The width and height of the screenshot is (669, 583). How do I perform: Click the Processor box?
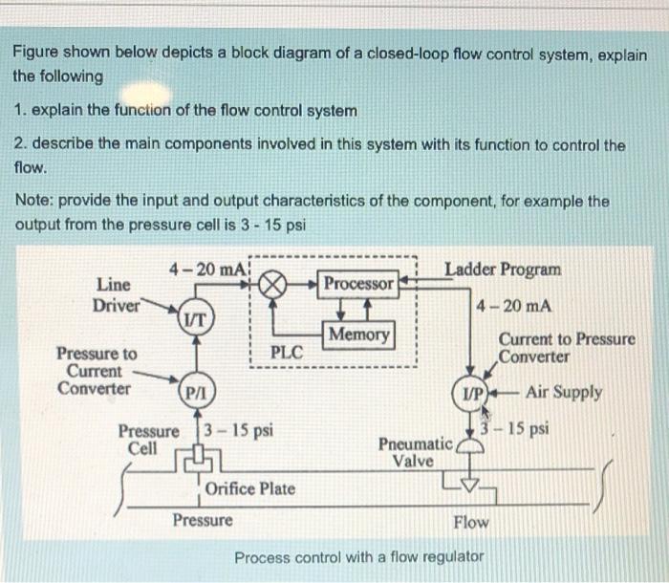[x=358, y=284]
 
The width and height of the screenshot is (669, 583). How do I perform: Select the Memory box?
[x=359, y=335]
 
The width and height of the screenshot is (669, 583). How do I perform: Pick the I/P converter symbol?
[x=472, y=393]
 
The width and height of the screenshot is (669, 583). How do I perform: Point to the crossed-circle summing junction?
[x=275, y=284]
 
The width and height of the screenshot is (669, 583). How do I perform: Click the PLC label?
[x=286, y=351]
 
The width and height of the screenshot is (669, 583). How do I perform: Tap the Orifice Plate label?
[x=250, y=488]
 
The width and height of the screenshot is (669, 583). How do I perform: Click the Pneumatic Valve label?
[x=415, y=452]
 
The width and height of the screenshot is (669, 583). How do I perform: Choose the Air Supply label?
[x=564, y=392]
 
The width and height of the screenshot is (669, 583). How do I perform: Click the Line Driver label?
[x=116, y=294]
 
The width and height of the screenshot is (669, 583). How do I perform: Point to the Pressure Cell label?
[x=147, y=439]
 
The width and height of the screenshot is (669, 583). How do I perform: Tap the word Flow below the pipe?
[x=471, y=522]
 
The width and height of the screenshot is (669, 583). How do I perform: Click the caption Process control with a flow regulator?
[x=359, y=556]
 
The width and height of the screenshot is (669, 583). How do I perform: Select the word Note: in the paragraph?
[x=34, y=203]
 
